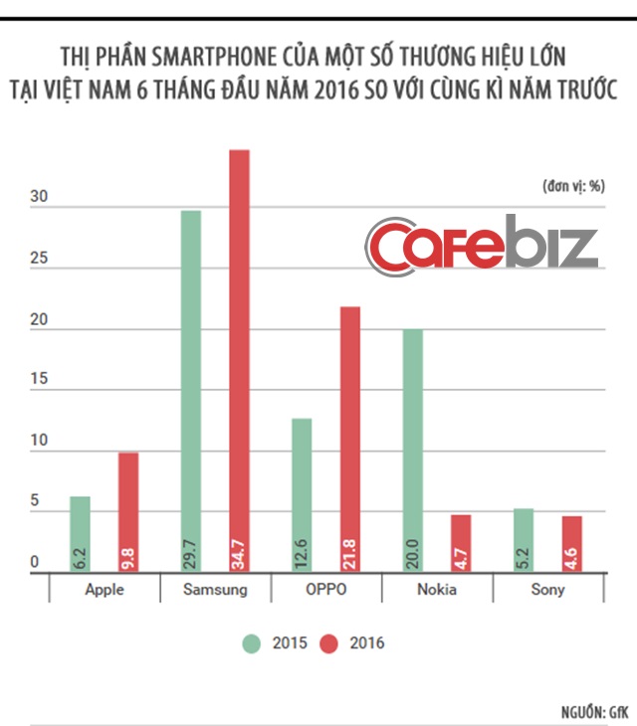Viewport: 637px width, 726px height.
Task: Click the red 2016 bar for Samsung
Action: pyautogui.click(x=239, y=358)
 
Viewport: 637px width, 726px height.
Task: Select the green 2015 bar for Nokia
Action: pyautogui.click(x=412, y=448)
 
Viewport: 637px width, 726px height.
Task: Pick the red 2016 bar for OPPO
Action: pyautogui.click(x=350, y=438)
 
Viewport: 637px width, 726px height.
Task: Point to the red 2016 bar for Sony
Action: pyautogui.click(x=572, y=543)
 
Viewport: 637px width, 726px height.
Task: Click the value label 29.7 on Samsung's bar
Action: pyautogui.click(x=190, y=550)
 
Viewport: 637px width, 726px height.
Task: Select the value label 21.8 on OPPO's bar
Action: pyautogui.click(x=350, y=550)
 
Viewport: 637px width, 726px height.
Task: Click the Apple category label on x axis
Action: pyautogui.click(x=105, y=589)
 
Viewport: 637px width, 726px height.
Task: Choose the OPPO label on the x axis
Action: pyautogui.click(x=325, y=589)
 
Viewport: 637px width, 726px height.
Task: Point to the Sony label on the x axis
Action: pyautogui.click(x=547, y=589)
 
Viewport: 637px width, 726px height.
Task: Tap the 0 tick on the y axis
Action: pyautogui.click(x=33, y=563)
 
